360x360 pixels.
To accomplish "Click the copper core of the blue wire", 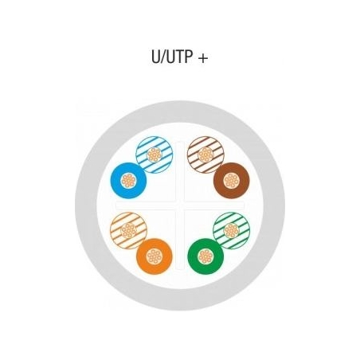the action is pos(128,181).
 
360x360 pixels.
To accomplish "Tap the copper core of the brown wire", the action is pos(232,181).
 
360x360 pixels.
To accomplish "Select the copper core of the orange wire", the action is pos(155,256).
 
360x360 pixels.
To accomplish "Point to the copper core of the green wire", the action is pos(205,256).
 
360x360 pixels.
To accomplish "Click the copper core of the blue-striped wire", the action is pos(155,155).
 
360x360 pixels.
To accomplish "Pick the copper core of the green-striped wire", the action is pos(232,230).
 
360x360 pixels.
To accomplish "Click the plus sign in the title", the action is pos(203,58).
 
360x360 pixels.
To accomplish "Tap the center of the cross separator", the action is pos(180,205).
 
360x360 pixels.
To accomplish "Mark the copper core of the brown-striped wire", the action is pos(205,155).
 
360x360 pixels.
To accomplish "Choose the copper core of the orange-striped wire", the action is pos(128,230).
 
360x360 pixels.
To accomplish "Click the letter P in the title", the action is pos(188,57).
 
